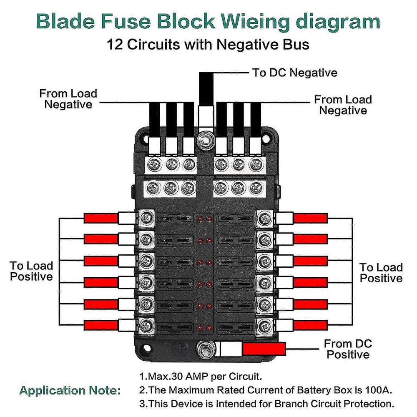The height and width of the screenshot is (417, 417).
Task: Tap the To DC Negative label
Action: pos(295,73)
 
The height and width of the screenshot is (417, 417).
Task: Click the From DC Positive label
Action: pos(348,349)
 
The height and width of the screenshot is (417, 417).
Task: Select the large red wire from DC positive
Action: pos(264,349)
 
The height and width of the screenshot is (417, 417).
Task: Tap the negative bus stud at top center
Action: pos(206,140)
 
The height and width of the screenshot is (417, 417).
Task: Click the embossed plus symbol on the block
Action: pos(181,348)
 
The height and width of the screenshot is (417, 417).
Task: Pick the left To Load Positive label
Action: pos(31,271)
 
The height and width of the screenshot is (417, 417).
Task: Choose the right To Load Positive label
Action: pos(381,273)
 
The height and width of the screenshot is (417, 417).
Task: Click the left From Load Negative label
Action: pos(68,99)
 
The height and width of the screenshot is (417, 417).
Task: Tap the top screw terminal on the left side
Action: pos(146,218)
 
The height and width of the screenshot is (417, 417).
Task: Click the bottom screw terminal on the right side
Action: pos(264,326)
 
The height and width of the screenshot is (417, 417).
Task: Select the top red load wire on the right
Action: pos(310,219)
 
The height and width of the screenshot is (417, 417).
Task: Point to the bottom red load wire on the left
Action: pos(101,325)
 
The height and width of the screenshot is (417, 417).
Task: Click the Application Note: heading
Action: pos(70,390)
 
